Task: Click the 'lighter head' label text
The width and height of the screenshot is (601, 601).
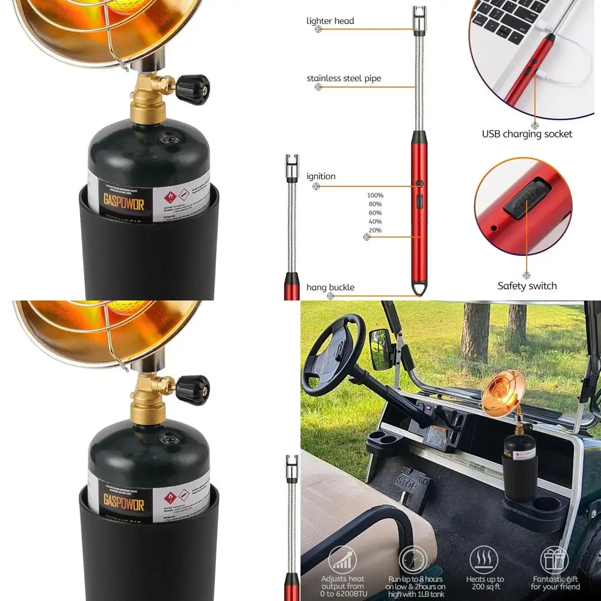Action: [x=330, y=21]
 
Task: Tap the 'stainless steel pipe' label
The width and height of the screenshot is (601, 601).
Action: [x=344, y=78]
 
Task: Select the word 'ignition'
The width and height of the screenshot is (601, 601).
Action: [x=321, y=176]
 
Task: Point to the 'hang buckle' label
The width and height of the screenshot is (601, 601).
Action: [x=330, y=287]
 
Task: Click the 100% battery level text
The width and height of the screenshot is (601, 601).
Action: [x=375, y=195]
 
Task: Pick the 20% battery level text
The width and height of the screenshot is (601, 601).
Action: [x=375, y=230]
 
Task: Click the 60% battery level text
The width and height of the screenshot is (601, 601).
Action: [x=375, y=213]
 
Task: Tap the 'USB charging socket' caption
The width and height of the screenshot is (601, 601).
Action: [x=527, y=134]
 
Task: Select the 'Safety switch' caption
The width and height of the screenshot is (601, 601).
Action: [x=527, y=286]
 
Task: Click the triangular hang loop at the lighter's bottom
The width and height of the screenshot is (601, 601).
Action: [x=418, y=290]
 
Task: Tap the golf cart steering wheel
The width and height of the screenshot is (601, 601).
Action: [x=334, y=355]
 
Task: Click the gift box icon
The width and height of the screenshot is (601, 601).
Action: [x=554, y=560]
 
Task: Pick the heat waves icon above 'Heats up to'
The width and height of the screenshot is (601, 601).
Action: [x=484, y=560]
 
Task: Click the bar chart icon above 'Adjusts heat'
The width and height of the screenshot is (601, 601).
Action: [x=343, y=560]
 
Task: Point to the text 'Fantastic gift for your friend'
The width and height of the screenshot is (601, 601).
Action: [x=555, y=583]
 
